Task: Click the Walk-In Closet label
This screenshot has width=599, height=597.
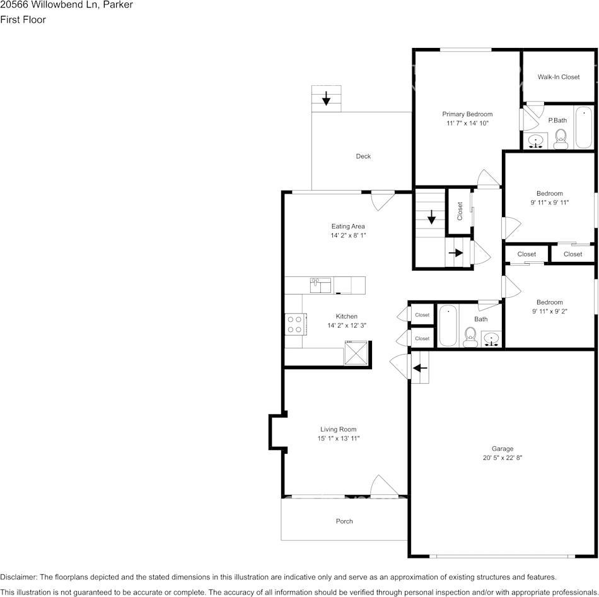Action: [x=558, y=77]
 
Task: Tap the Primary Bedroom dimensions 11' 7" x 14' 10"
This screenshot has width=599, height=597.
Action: [x=467, y=124]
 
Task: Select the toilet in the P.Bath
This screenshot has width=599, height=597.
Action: [x=560, y=138]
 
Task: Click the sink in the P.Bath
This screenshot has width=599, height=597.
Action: [x=536, y=141]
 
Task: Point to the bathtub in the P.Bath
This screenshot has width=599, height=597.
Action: [x=584, y=127]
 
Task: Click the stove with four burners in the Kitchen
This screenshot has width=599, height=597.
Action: [x=294, y=324]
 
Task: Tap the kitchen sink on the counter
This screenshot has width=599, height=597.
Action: [x=320, y=285]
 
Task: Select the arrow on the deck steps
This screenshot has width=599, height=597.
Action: [x=326, y=98]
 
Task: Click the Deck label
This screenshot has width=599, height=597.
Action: [x=363, y=157]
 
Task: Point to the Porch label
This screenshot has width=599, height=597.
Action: [x=344, y=521]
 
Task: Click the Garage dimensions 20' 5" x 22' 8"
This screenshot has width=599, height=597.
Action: [x=502, y=459]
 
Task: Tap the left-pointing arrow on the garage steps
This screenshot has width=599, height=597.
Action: [x=420, y=369]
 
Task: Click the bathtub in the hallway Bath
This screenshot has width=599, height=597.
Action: [x=447, y=325]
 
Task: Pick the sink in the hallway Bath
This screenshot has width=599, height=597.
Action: [x=492, y=340]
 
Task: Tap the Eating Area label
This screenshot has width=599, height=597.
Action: [x=348, y=227]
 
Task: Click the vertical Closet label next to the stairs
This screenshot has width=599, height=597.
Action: [x=460, y=211]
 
